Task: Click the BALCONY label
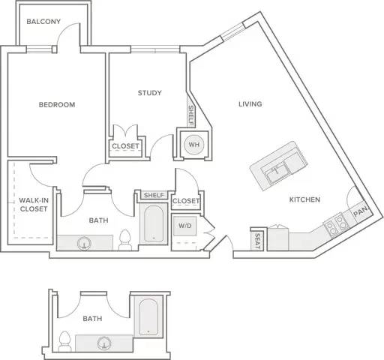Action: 43,22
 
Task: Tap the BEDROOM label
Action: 57,104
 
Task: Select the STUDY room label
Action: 150,93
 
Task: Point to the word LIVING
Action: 250,103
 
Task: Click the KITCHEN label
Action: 304,199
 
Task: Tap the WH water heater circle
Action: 194,145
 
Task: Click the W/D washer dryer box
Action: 185,226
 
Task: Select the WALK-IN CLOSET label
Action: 34,205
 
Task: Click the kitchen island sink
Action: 276,172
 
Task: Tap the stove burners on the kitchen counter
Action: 336,225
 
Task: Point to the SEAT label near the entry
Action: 257,241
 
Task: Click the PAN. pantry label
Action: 361,211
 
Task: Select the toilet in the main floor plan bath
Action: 125,240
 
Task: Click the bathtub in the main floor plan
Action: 154,223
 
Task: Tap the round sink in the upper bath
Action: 84,243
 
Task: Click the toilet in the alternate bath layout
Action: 64,341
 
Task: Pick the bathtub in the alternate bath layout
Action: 148,317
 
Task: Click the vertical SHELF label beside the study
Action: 191,115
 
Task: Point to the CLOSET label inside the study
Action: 125,146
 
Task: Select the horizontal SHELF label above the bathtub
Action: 154,195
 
